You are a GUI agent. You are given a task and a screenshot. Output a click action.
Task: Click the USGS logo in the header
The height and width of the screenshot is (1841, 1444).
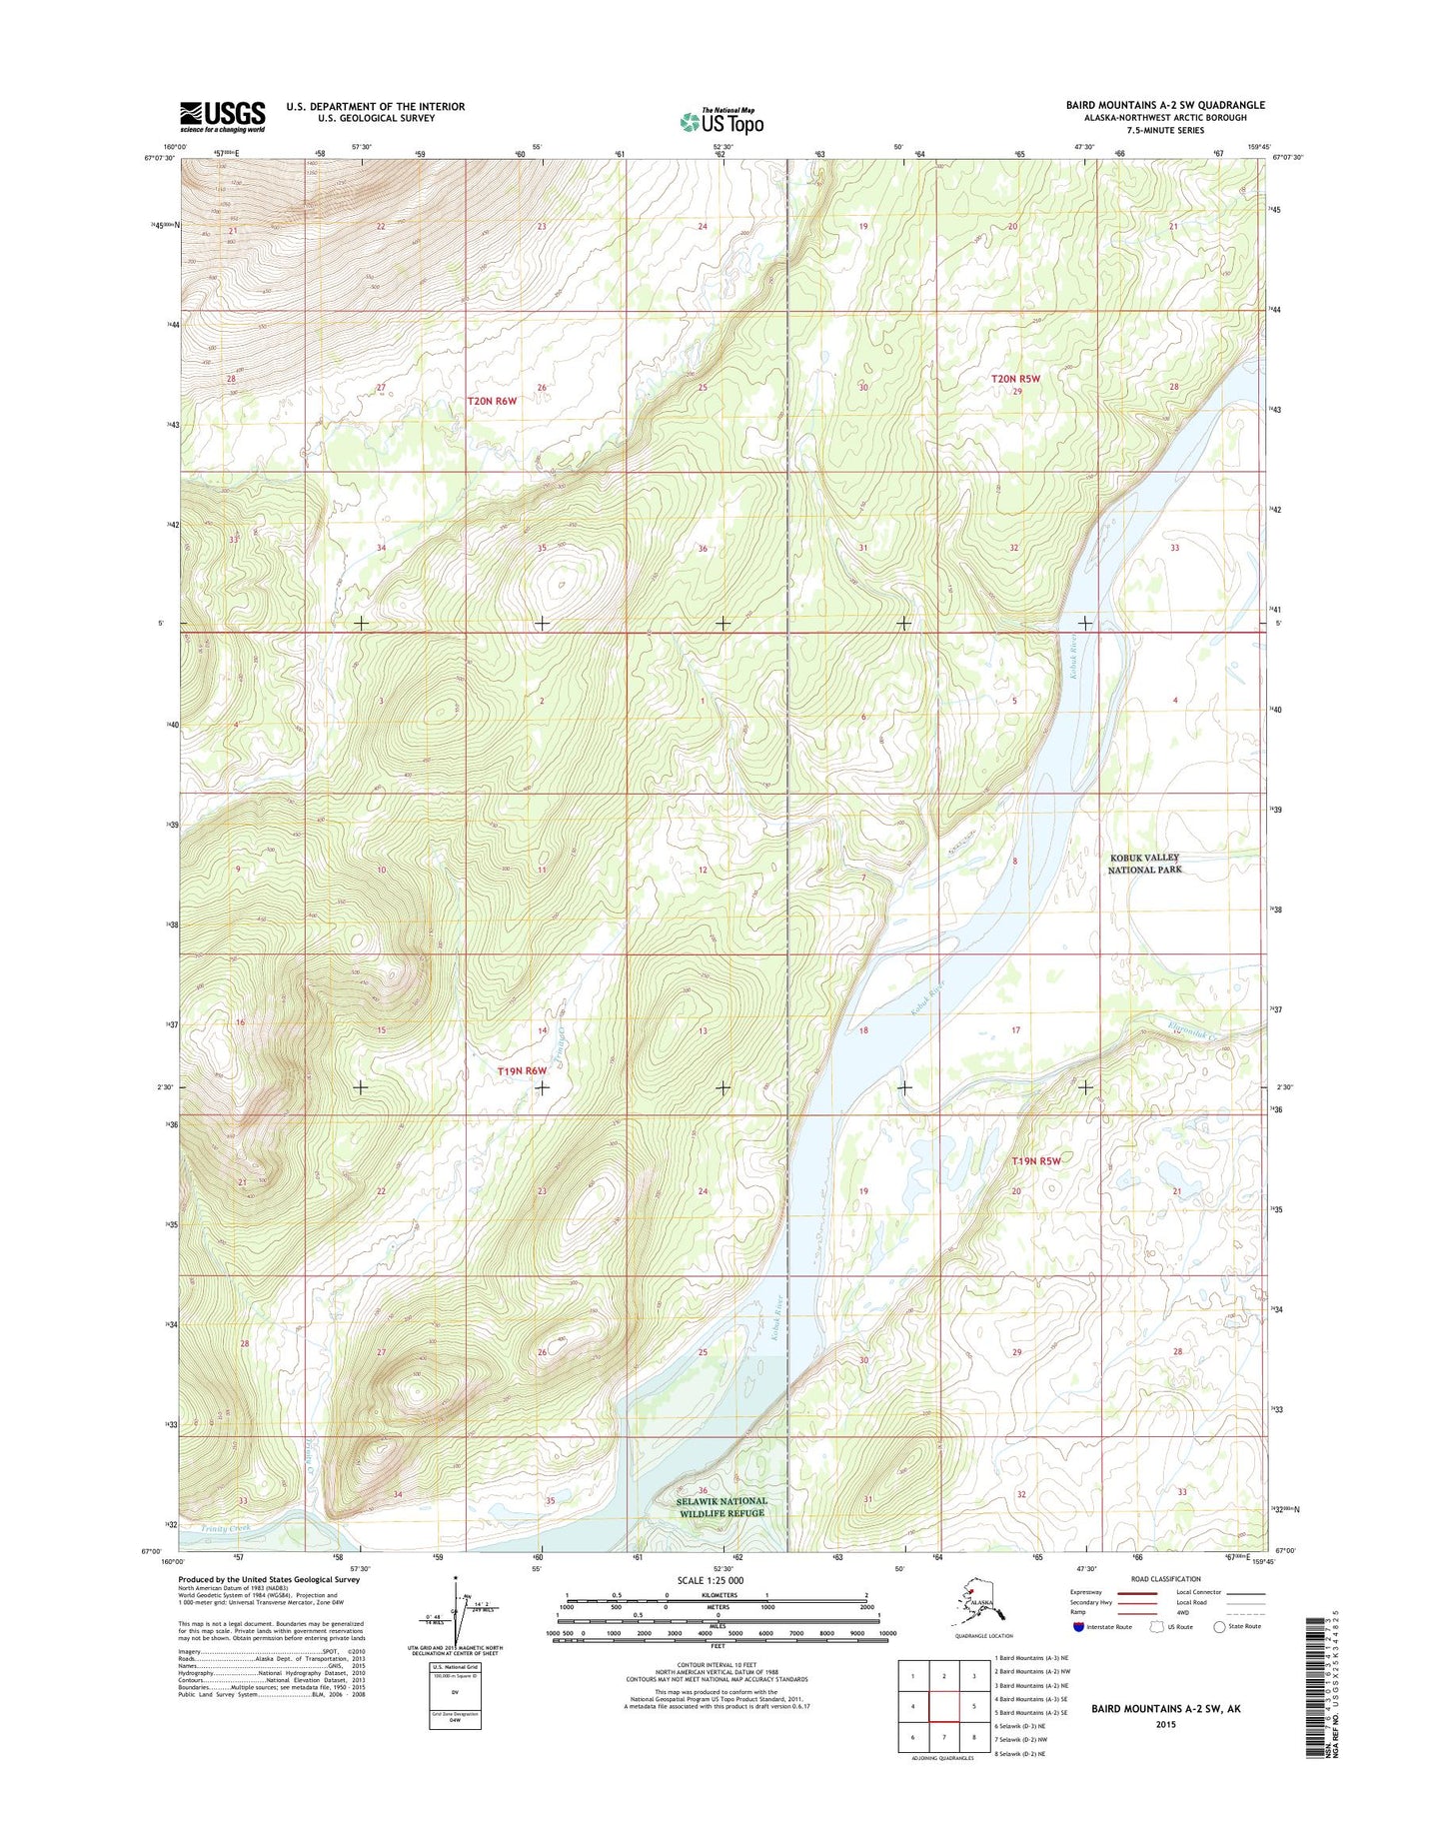click(x=222, y=116)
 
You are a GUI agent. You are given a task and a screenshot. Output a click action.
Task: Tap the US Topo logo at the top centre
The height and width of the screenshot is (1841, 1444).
click(x=722, y=121)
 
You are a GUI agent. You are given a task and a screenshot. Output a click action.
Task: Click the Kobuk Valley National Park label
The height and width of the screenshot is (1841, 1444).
click(x=1144, y=864)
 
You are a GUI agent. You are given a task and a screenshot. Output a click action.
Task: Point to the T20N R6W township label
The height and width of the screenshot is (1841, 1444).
click(x=493, y=401)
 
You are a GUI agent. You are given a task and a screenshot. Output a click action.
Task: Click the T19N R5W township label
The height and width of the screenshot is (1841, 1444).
click(x=1035, y=1161)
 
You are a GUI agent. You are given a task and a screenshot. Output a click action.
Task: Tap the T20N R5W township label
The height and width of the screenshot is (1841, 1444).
click(x=1016, y=379)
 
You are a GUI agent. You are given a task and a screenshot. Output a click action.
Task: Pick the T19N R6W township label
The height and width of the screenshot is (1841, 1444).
click(x=522, y=1070)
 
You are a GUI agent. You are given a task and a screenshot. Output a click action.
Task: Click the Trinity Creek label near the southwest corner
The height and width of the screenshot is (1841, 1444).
click(x=225, y=1528)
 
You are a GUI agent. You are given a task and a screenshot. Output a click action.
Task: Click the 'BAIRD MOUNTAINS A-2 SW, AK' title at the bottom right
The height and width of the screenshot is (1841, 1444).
click(x=1165, y=1708)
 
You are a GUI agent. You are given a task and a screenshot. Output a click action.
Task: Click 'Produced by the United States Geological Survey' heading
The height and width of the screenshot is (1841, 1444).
click(x=268, y=1579)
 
